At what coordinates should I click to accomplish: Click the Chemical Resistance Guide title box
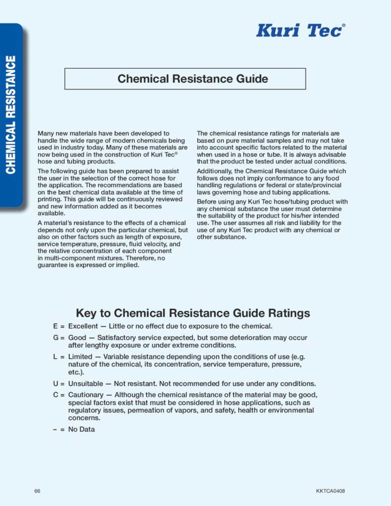coord(185,79)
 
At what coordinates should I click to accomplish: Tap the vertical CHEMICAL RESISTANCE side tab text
coord(11,115)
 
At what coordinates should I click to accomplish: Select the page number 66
coord(38,491)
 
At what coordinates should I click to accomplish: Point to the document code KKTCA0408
coord(330,491)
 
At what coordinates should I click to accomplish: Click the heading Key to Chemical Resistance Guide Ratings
coord(193,313)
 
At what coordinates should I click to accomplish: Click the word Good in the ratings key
coord(77,337)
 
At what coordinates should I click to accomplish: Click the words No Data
coord(81,429)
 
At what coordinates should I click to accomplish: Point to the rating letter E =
coord(58,326)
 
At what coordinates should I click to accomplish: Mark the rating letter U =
coord(58,383)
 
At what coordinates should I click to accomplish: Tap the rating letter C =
coord(58,394)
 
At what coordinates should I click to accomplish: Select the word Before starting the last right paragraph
coord(208,202)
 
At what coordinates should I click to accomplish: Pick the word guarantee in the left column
coord(53,265)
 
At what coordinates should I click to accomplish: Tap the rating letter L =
coord(58,356)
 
